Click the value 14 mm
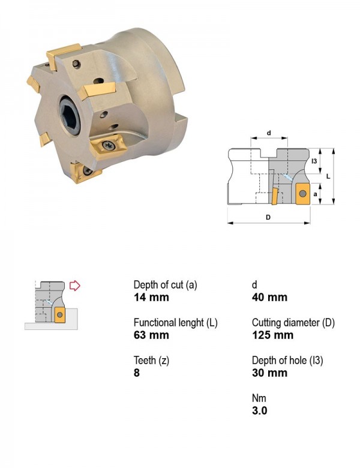tap(151, 297)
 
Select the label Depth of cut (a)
tap(166, 285)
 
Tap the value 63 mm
tap(151, 335)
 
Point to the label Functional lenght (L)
tap(176, 323)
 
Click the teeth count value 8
tap(137, 373)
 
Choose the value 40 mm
tap(269, 297)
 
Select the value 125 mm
tap(272, 335)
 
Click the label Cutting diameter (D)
tap(293, 323)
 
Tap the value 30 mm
tap(269, 373)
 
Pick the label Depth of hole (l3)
tap(287, 360)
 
